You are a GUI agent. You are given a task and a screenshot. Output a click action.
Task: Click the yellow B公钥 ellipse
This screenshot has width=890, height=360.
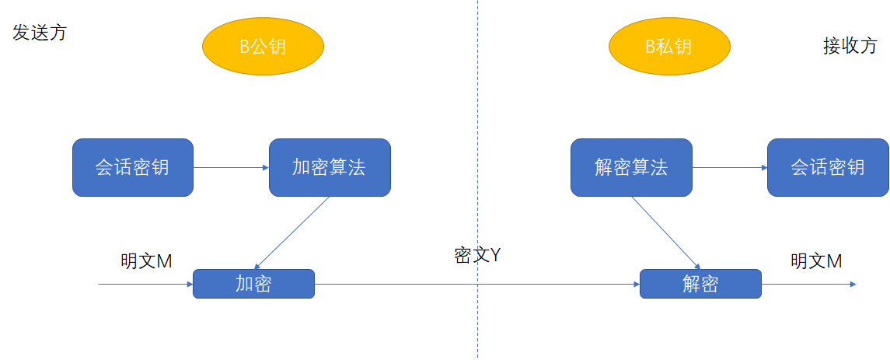pyautogui.click(x=263, y=47)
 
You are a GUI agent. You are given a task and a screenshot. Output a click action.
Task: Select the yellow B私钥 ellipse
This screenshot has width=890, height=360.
pyautogui.click(x=669, y=47)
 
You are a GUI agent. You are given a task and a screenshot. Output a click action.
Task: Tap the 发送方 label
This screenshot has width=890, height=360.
pyautogui.click(x=40, y=33)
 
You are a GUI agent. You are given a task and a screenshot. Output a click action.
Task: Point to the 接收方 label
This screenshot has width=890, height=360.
pyautogui.click(x=850, y=46)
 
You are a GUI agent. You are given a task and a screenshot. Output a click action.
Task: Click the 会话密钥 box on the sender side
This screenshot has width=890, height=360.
pyautogui.click(x=132, y=167)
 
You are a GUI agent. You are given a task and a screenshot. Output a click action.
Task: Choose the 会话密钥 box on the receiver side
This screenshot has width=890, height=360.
pyautogui.click(x=828, y=167)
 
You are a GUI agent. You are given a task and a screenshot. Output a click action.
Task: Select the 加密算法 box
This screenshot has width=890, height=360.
pyautogui.click(x=330, y=167)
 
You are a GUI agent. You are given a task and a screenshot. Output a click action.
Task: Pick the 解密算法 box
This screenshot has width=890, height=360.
pyautogui.click(x=631, y=167)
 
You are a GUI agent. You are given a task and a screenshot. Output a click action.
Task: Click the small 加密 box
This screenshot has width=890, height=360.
pyautogui.click(x=253, y=284)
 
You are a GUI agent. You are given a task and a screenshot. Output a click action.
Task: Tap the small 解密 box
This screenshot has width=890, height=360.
pyautogui.click(x=700, y=284)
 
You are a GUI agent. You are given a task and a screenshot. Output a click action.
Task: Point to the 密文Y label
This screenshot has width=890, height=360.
pyautogui.click(x=476, y=256)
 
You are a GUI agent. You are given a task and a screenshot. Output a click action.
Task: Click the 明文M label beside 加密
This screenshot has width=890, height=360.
pyautogui.click(x=146, y=262)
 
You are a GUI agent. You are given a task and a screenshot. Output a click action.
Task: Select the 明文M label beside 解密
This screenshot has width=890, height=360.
pyautogui.click(x=816, y=261)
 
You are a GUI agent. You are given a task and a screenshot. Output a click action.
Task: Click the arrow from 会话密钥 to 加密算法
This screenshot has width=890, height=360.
pyautogui.click(x=231, y=167)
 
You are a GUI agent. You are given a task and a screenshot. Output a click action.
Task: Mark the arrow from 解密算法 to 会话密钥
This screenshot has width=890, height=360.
pyautogui.click(x=729, y=167)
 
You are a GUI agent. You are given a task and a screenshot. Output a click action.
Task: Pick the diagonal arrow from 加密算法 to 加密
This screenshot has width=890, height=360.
pyautogui.click(x=292, y=232)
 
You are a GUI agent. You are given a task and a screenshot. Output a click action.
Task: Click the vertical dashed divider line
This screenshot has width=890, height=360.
pyautogui.click(x=478, y=117)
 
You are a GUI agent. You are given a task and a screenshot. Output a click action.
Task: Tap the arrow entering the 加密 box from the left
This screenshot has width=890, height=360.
pyautogui.click(x=145, y=285)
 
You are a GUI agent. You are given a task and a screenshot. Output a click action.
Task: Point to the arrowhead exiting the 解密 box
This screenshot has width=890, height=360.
pyautogui.click(x=852, y=284)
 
